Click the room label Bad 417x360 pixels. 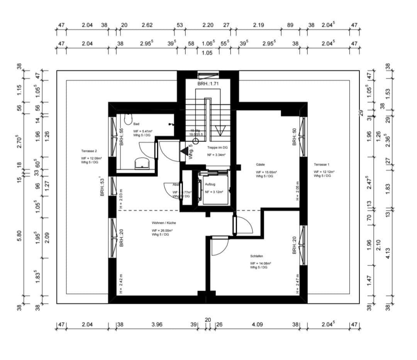(136, 124)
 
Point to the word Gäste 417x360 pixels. (260, 165)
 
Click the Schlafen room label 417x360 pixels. (257, 256)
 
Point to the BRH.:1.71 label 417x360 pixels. (208, 84)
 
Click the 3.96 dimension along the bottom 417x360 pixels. (157, 325)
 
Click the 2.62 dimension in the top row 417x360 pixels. (147, 25)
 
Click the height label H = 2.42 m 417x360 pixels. (121, 285)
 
